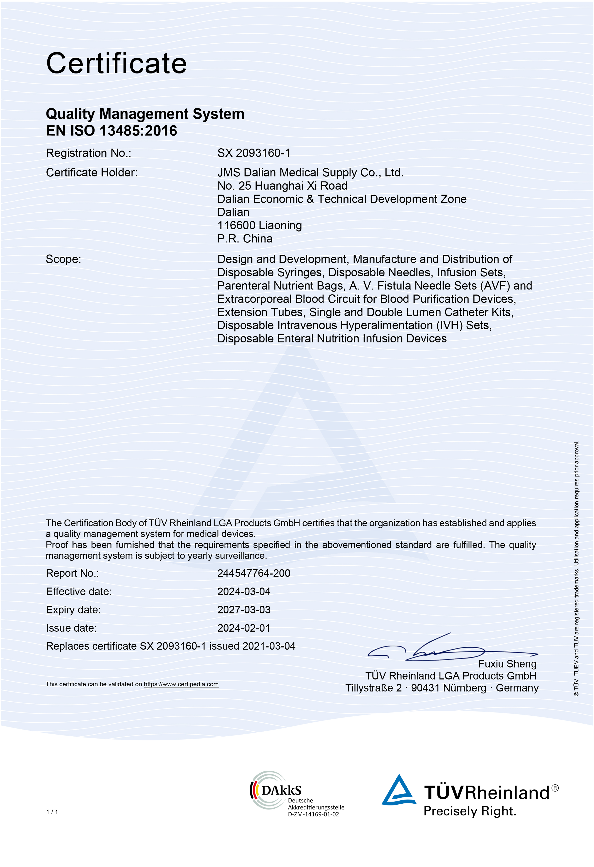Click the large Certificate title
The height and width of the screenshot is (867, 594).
[x=116, y=63]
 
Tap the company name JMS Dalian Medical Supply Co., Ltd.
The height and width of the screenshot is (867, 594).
[x=310, y=172]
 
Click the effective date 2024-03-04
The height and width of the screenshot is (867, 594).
[x=244, y=591]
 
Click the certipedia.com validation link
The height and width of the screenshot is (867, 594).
[x=181, y=684]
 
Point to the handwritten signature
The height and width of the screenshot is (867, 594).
[x=447, y=649]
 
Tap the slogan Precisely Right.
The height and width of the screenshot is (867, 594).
[x=470, y=811]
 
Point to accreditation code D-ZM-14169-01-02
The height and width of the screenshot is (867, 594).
[x=313, y=814]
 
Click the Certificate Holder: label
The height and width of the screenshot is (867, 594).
[x=92, y=172]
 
